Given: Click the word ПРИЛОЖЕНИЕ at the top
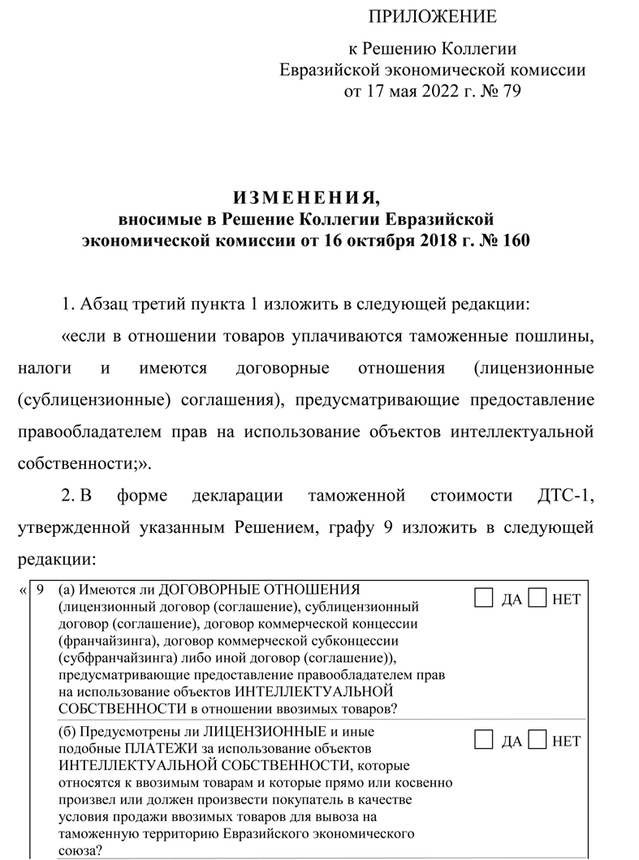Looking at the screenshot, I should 432,17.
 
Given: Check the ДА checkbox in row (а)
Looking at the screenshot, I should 483,599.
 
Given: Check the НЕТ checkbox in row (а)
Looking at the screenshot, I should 537,599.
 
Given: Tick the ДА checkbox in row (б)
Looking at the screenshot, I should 483,739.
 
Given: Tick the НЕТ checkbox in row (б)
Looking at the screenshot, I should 537,739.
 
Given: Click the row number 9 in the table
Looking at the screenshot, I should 41,590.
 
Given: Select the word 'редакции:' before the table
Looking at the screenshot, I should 56,560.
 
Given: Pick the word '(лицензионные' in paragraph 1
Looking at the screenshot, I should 532,369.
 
